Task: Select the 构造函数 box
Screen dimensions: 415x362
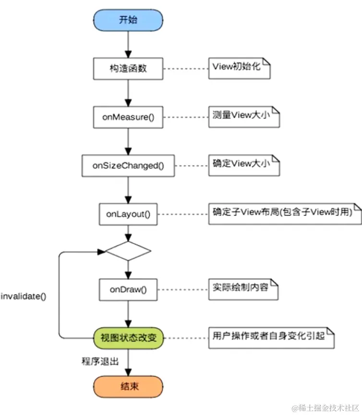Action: (128, 68)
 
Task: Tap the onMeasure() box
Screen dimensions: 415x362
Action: (128, 117)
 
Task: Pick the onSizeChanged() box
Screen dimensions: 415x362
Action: (128, 166)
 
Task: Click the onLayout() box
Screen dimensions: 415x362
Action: (128, 214)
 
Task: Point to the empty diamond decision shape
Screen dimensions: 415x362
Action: (128, 250)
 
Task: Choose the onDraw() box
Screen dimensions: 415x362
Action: (128, 290)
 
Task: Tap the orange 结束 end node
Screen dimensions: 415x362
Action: (128, 386)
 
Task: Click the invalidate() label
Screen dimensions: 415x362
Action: (24, 296)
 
